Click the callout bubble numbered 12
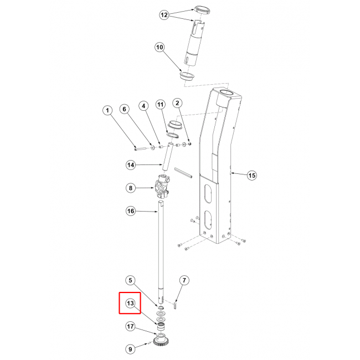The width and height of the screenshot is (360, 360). [x=164, y=15]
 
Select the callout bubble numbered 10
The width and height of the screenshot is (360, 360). [x=160, y=47]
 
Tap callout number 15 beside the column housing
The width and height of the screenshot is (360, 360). [x=252, y=176]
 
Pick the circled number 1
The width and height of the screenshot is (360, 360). [x=107, y=110]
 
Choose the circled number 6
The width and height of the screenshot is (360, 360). [x=125, y=109]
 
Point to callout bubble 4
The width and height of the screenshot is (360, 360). [x=144, y=106]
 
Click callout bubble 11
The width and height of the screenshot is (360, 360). [x=161, y=105]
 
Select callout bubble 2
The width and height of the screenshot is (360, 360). [x=177, y=103]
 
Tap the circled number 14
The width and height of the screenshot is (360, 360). [x=131, y=165]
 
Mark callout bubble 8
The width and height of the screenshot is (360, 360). [x=131, y=188]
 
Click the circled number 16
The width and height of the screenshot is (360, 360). [x=131, y=211]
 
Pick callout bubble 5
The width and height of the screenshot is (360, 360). [x=130, y=280]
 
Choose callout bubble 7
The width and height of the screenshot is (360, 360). [x=184, y=280]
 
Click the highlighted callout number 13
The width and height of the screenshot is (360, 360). [x=130, y=304]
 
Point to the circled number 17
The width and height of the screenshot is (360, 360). [x=130, y=326]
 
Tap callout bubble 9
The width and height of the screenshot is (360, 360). [x=130, y=349]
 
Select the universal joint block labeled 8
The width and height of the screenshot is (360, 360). [x=162, y=187]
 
